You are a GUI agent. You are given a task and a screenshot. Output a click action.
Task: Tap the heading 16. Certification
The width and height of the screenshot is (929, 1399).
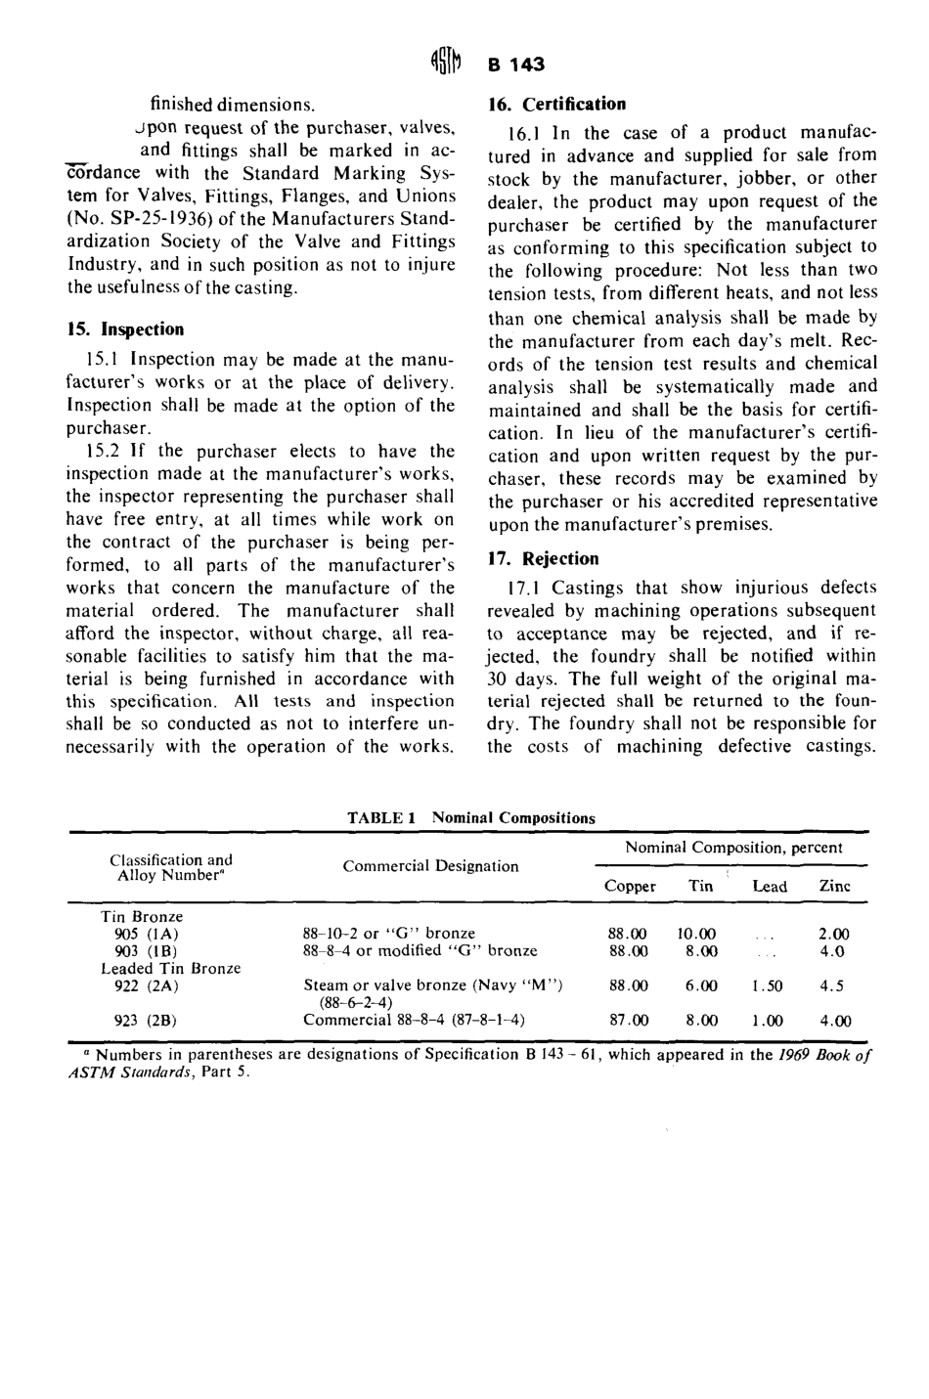[x=556, y=104]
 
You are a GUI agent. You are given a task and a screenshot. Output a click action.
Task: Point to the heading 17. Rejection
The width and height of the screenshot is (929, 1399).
[x=543, y=559]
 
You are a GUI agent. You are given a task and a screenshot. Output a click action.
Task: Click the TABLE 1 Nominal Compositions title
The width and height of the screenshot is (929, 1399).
[x=470, y=817]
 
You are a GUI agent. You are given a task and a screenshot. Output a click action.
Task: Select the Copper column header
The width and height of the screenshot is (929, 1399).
[x=630, y=886]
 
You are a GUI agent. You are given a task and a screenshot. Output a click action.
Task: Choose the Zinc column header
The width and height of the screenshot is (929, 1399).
[x=834, y=886]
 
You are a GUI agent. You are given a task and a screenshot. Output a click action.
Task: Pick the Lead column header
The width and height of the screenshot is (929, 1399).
[x=770, y=886]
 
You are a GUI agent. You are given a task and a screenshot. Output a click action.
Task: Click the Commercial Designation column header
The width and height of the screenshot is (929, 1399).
[x=430, y=866]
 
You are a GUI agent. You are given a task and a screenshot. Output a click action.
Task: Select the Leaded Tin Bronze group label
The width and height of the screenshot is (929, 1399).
[x=171, y=968]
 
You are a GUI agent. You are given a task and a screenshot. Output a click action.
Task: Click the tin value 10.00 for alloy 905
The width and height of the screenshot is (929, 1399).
[x=696, y=934]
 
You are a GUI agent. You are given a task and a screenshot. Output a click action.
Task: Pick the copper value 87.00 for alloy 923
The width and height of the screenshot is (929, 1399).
[x=628, y=1020]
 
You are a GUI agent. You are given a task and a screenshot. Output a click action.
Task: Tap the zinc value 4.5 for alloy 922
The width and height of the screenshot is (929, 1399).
[x=832, y=986]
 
